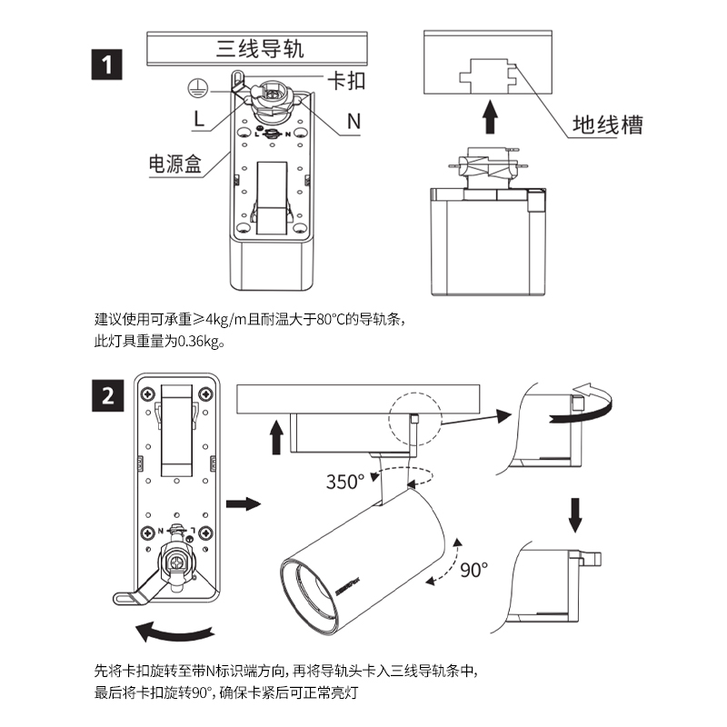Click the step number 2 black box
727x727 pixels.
pos(109,397)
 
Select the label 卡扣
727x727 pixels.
pos(345,82)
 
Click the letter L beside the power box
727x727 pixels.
pos(199,118)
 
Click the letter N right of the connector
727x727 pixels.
pos(354,120)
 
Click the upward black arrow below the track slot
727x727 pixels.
pos(489,116)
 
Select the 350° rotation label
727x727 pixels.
pos(345,482)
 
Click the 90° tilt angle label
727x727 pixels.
pos(474,571)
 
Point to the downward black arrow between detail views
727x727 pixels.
pos(574,513)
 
